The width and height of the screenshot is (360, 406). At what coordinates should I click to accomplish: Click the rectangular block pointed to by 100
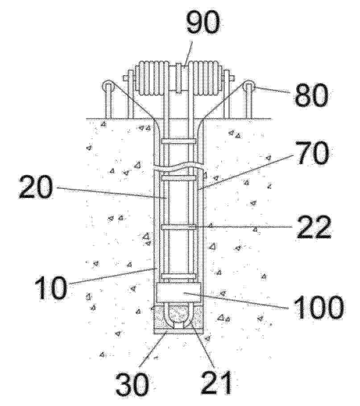click(x=178, y=292)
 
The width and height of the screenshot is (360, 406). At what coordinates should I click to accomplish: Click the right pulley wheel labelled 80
click(x=249, y=86)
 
